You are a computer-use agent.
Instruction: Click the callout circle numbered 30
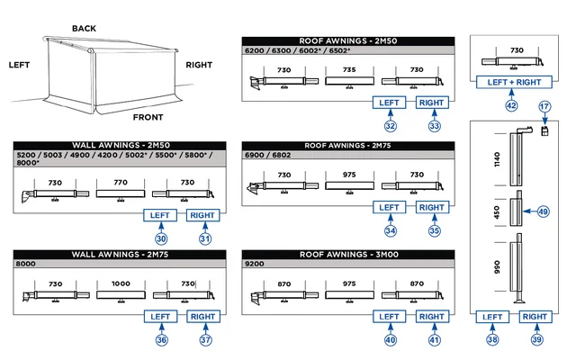[x=161, y=238]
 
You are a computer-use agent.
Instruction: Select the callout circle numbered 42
[x=511, y=105]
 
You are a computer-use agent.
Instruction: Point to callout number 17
[x=544, y=107]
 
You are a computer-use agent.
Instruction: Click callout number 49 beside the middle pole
[x=543, y=212]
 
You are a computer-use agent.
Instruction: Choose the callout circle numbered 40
[x=390, y=340]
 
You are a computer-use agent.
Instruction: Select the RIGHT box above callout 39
[x=535, y=317]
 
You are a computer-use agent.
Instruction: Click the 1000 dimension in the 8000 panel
[x=120, y=283]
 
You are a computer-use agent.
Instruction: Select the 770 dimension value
[x=120, y=181]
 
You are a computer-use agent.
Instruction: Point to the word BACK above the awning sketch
[x=84, y=29]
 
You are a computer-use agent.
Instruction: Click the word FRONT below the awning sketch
[x=148, y=117]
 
